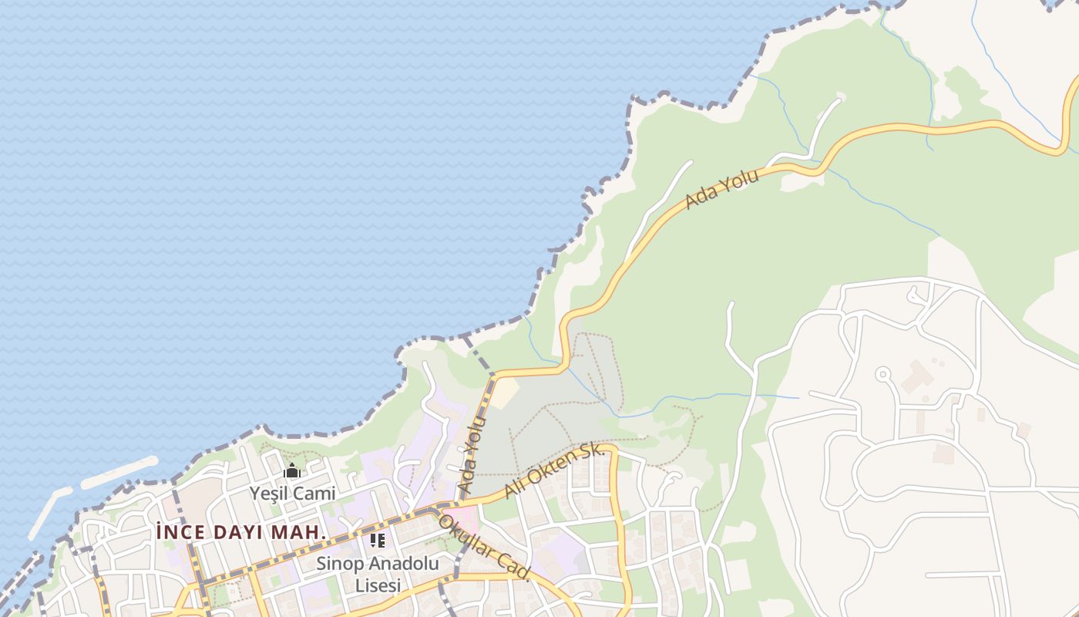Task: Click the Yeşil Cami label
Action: click(x=292, y=493)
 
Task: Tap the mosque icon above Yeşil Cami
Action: click(x=292, y=470)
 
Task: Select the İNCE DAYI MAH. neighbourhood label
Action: click(x=241, y=532)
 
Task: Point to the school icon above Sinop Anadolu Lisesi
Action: click(x=378, y=540)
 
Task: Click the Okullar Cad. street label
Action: click(x=485, y=547)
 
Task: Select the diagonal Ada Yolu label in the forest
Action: click(x=722, y=188)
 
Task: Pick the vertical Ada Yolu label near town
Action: click(x=472, y=455)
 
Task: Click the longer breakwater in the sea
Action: click(x=119, y=471)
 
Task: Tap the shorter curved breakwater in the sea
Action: click(x=50, y=511)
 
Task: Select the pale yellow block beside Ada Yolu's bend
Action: click(x=504, y=393)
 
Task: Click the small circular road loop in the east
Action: click(x=883, y=375)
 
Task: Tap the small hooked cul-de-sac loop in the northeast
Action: click(x=916, y=295)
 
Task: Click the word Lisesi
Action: click(x=378, y=585)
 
